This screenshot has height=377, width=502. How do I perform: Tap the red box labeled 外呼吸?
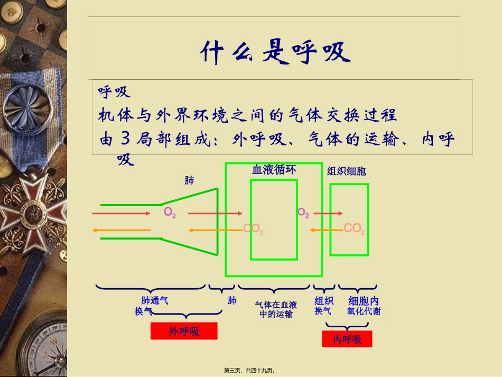tap(184, 331)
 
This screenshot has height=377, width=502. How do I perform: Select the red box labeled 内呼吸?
tap(347, 339)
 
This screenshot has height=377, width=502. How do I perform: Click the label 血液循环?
tap(274, 170)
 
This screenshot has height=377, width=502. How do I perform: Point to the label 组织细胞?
tap(346, 171)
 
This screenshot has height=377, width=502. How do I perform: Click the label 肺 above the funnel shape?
tap(189, 181)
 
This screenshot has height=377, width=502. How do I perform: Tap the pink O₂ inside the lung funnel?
tap(170, 213)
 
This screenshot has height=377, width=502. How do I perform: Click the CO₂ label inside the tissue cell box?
tap(354, 228)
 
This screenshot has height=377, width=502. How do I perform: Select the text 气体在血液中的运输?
tap(276, 309)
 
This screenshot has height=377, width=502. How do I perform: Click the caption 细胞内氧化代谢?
tap(364, 306)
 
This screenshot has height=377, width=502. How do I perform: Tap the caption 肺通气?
tap(155, 300)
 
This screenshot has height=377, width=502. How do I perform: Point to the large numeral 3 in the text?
tap(125, 139)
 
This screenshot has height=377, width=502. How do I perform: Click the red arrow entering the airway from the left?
tap(121, 213)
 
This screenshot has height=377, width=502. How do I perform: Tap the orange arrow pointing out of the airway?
tap(121, 230)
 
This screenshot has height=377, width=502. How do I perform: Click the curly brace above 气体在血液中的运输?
tap(274, 289)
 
